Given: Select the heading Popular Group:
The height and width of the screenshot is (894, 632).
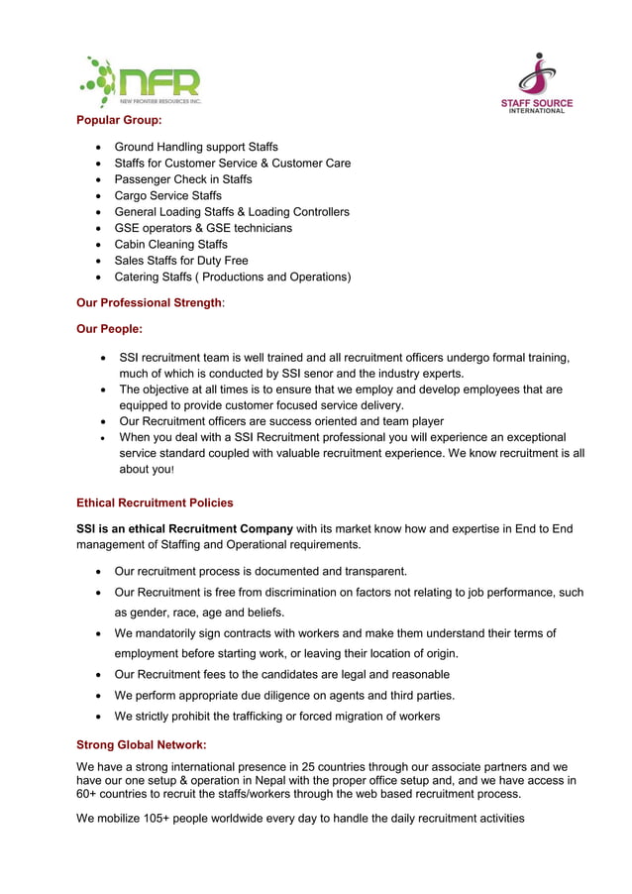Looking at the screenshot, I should [x=119, y=120].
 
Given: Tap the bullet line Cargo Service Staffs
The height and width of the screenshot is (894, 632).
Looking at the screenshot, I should [x=167, y=195].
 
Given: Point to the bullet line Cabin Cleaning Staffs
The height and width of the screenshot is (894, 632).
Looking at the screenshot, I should [x=170, y=244].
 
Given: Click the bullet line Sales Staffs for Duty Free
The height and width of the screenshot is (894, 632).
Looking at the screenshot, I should [x=181, y=261].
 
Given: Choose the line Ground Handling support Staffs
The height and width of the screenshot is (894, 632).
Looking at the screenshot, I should [x=196, y=147].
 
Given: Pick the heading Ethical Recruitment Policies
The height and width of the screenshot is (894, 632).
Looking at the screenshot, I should [x=155, y=503].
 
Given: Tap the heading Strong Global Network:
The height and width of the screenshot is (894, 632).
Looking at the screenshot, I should [x=142, y=744].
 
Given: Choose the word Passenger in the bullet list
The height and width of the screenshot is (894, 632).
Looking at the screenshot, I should [x=145, y=179].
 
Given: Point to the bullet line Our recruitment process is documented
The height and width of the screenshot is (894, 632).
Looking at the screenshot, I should [x=261, y=571].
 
